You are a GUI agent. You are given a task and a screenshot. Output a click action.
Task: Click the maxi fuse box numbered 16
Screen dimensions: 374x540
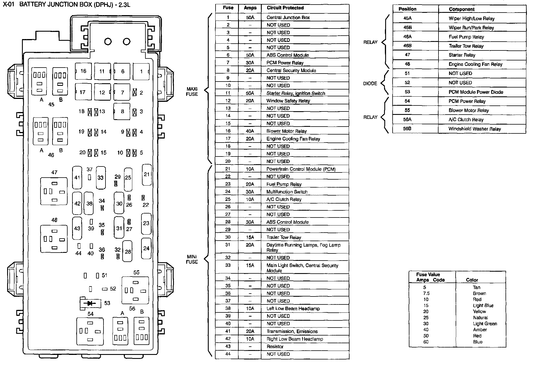[83, 71]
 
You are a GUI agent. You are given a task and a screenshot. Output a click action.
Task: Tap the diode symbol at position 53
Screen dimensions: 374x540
[91, 303]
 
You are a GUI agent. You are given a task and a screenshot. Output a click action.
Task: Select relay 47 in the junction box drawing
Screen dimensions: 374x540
[54, 191]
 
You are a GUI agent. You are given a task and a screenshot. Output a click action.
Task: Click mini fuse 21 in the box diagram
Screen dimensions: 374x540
[147, 174]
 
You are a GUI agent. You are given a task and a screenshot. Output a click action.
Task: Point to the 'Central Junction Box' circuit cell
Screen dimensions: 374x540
[288, 17]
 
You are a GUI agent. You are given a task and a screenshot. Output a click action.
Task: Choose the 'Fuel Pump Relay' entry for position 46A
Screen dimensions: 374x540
[466, 37]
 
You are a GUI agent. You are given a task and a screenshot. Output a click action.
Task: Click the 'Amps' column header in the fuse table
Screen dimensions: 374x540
[250, 8]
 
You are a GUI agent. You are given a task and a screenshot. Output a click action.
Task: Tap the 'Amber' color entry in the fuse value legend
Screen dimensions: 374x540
[480, 330]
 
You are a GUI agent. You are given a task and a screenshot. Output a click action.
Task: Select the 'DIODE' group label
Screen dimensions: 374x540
[370, 84]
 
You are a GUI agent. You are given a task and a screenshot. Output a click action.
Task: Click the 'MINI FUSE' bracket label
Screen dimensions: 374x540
[192, 259]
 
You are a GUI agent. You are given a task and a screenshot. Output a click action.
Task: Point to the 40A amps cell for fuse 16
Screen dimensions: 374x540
[250, 131]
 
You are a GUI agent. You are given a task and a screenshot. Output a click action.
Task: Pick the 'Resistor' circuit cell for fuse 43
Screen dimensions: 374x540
[275, 347]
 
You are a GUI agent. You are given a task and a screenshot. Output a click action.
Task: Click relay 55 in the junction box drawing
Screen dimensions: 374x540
[135, 290]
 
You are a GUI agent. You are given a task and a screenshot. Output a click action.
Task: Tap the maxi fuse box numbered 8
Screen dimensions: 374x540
[122, 111]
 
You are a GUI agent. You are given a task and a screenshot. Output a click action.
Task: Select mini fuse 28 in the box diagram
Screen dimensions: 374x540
[128, 251]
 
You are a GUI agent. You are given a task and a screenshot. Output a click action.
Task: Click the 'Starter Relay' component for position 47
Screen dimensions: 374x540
[462, 55]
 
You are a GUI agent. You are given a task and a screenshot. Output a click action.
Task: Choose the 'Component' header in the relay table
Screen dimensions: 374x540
[462, 9]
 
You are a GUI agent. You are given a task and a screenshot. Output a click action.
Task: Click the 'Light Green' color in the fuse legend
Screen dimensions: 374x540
[485, 324]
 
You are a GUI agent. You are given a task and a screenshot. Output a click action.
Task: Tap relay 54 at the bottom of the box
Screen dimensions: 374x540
[90, 331]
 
